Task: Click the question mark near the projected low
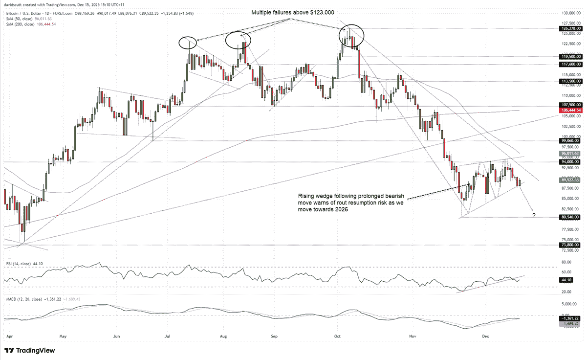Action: tap(534, 215)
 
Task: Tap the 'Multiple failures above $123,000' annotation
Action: tap(290, 13)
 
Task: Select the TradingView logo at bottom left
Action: tap(30, 350)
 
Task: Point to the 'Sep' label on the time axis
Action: tap(274, 337)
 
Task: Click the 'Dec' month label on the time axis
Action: tap(485, 337)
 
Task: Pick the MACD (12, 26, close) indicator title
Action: tap(26, 299)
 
